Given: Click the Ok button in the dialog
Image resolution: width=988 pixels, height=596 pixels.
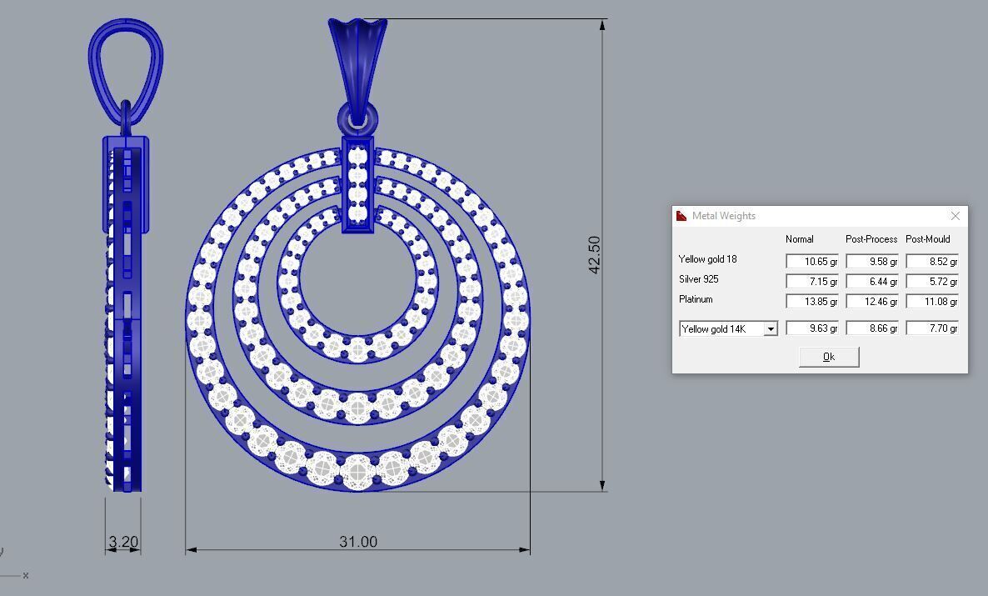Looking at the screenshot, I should [828, 357].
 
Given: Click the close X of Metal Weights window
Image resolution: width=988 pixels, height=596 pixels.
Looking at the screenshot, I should [955, 216].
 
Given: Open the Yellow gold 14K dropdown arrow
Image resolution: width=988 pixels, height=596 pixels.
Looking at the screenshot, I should [771, 329].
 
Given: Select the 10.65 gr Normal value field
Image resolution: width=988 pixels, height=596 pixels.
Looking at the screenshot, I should [811, 262].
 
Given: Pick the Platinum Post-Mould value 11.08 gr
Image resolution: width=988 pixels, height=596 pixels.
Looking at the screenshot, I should [931, 302].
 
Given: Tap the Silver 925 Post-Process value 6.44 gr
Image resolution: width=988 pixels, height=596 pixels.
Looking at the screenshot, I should [871, 282].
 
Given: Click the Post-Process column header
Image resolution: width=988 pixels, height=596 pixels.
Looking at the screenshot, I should [871, 239].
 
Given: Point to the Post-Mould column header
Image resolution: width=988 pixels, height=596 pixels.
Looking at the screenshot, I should [928, 239].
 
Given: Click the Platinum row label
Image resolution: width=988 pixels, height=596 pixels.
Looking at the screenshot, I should [696, 299].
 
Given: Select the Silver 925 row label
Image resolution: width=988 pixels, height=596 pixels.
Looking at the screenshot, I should [698, 279].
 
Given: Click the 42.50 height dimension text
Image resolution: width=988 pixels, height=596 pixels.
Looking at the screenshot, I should [594, 254].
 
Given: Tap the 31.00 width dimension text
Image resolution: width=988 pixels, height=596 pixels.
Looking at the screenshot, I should [358, 542].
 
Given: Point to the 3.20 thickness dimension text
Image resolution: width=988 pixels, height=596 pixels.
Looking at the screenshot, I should [123, 542].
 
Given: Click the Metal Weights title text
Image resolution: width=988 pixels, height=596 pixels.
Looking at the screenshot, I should [723, 216].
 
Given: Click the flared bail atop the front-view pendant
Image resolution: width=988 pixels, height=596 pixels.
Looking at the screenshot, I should [357, 58].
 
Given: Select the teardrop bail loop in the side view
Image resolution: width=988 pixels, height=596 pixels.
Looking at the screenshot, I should [125, 63].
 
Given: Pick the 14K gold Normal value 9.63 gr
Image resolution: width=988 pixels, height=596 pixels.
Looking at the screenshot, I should [811, 329].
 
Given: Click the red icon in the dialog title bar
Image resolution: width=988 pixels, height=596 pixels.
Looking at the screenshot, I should [681, 216].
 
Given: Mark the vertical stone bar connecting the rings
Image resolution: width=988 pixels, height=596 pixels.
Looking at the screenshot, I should [358, 185].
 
